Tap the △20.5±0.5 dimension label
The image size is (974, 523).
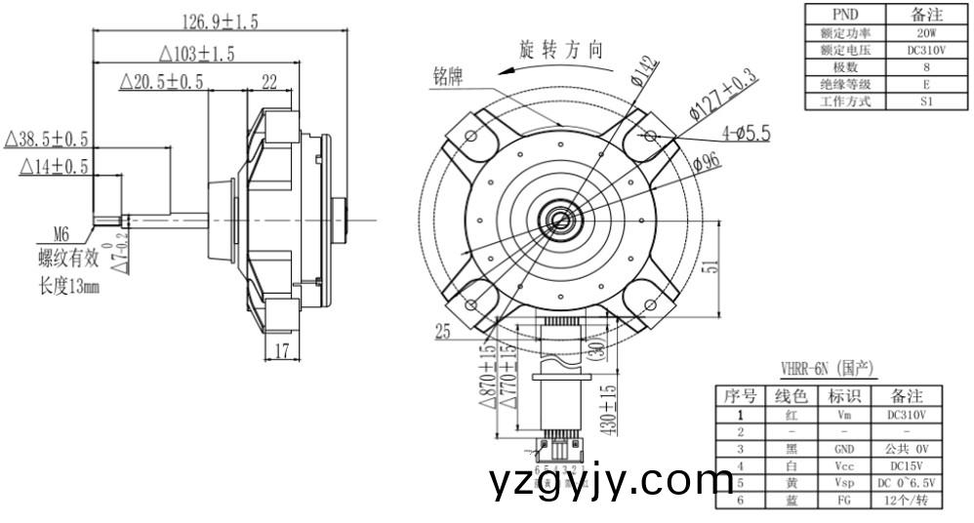pyautogui.click(x=161, y=83)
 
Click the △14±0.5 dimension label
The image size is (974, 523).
pyautogui.click(x=54, y=168)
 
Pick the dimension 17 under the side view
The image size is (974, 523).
pyautogui.click(x=281, y=351)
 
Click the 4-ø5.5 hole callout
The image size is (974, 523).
pyautogui.click(x=746, y=132)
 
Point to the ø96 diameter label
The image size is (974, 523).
pyautogui.click(x=708, y=161)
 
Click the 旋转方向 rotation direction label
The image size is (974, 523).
pyautogui.click(x=561, y=50)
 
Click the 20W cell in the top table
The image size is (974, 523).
pyautogui.click(x=925, y=32)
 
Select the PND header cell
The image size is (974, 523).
pyautogui.click(x=844, y=14)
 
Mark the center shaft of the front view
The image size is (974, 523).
pyautogui.click(x=561, y=218)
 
